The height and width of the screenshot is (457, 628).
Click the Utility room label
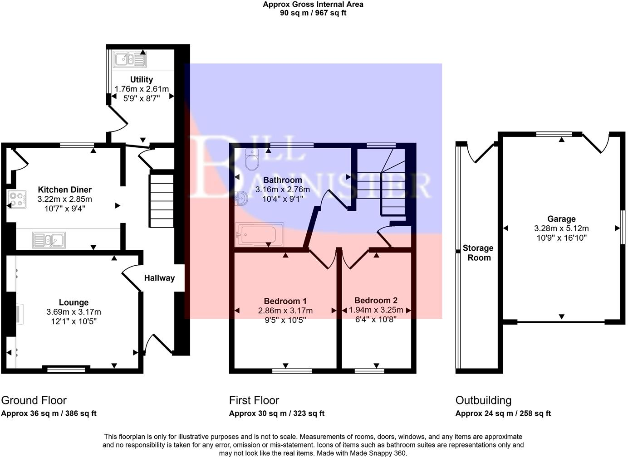141,79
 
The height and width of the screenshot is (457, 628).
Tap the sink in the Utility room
130,59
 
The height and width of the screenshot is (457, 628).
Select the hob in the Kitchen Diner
17,199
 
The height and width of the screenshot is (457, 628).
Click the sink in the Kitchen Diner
49,239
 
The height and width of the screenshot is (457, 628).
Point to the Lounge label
74,302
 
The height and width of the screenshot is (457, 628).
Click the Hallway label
159,278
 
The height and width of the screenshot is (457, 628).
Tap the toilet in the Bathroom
251,159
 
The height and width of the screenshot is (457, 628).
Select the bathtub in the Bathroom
259,234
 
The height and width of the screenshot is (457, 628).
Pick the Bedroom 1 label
285,301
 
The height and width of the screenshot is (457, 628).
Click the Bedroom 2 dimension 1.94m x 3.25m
376,310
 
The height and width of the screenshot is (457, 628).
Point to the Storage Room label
479,253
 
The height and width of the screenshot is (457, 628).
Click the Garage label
561,219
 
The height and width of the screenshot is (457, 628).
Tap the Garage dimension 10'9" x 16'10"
561,238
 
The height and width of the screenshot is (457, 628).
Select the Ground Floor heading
34,400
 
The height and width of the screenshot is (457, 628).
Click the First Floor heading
254,400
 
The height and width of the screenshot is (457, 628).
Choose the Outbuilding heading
483,400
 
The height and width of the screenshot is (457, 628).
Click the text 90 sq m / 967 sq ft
313,13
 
